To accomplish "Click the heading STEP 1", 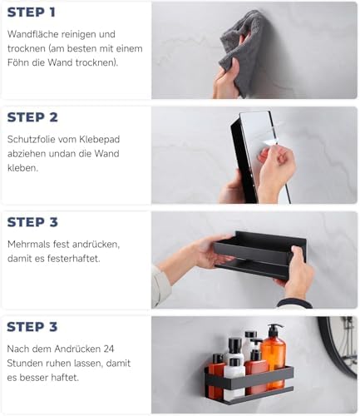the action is point(32,12).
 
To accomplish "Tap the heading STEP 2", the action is point(32,117).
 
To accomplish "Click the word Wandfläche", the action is point(33,34).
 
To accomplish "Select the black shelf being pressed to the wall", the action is point(259,255).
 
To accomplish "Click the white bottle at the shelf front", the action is point(234,379).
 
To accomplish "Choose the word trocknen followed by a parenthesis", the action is point(96,62).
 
